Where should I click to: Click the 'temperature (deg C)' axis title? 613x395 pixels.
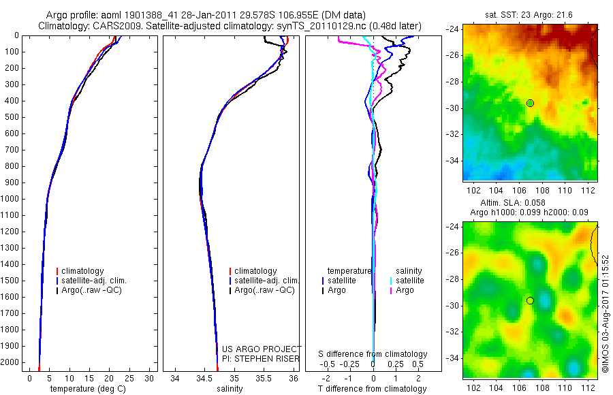coord(85,389)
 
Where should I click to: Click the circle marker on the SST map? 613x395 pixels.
coord(530,103)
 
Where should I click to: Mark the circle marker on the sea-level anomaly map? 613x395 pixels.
coord(530,300)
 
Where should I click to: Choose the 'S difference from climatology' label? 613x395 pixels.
coord(373,354)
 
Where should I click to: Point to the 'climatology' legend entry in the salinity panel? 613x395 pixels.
coord(255,271)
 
